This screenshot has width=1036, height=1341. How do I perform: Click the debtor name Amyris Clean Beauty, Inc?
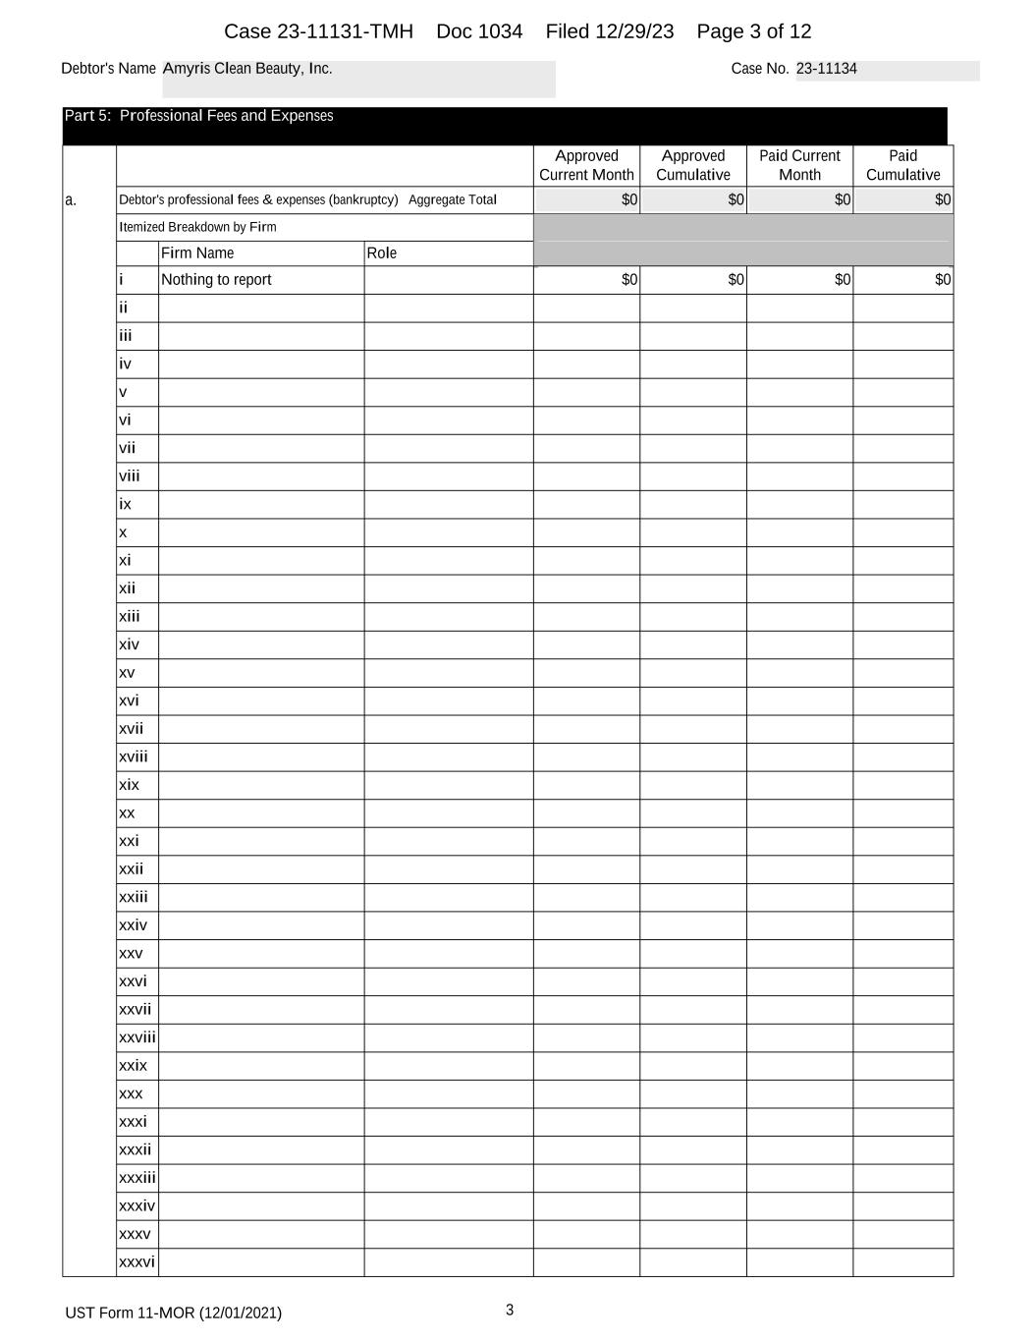(247, 69)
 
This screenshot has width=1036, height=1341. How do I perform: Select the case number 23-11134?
(826, 69)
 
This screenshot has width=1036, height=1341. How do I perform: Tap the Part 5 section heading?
(198, 116)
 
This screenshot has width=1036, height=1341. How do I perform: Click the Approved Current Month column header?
(586, 165)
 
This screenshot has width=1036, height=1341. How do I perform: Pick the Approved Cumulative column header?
(693, 165)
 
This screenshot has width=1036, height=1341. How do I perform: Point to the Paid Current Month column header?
(799, 165)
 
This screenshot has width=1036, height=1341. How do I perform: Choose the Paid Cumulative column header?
(902, 165)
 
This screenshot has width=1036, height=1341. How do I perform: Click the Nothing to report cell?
(216, 280)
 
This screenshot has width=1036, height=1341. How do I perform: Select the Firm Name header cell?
(197, 253)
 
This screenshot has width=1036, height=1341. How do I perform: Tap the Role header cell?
(382, 253)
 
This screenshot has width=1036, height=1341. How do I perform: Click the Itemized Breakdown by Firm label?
(197, 227)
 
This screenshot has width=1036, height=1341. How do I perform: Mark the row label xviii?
(134, 756)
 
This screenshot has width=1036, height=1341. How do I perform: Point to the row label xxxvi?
(136, 1262)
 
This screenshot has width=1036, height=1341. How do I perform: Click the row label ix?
(125, 504)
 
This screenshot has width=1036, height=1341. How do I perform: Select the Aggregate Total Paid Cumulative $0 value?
(943, 200)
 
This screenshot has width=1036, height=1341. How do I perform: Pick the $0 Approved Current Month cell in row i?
(629, 280)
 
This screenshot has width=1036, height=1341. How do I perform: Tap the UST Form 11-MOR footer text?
(173, 1313)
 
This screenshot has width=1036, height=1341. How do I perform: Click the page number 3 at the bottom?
(510, 1310)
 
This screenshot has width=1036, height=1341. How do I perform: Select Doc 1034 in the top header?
(479, 31)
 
